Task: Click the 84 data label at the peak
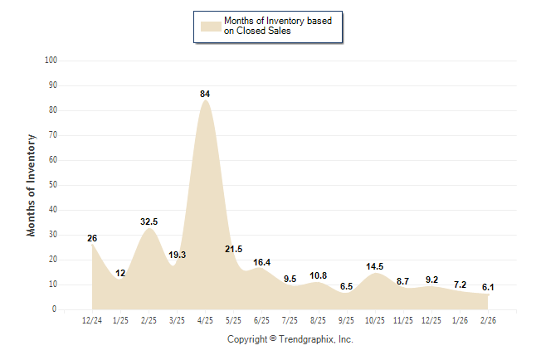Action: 205,94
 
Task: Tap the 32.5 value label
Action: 149,221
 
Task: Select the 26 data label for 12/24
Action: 92,238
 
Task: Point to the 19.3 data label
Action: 177,255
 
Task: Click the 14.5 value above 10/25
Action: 375,266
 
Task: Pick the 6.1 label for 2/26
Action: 489,287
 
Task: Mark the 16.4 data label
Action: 261,261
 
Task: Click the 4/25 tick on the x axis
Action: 205,320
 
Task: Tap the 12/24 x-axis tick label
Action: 92,320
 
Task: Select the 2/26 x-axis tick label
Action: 489,320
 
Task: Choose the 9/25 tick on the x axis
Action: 347,320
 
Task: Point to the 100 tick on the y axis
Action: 51,61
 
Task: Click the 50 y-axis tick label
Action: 53,185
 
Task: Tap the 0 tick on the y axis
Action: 55,309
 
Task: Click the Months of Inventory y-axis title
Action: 32,185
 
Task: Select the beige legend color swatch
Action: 211,26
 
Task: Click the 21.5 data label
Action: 233,249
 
